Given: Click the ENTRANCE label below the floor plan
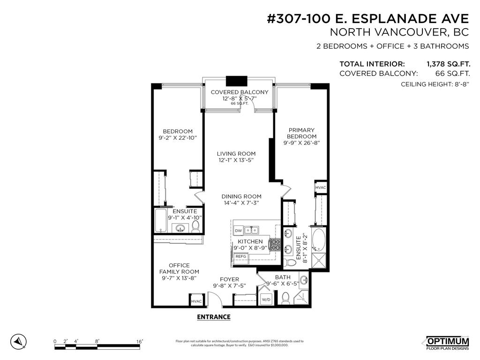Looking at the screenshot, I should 213,317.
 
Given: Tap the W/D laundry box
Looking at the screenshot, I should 266,299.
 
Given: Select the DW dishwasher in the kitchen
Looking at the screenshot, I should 238,231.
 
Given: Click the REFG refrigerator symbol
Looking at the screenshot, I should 241,256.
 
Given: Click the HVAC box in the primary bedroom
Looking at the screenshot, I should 320,187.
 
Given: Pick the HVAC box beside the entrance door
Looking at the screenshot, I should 196,301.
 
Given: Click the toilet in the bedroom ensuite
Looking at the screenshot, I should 195,227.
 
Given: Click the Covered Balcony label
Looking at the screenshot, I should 239,92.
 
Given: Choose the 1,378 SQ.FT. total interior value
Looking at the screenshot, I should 448,64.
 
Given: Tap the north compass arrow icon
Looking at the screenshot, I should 18,342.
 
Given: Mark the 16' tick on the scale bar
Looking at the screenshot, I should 139,342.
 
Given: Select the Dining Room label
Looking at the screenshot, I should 242,196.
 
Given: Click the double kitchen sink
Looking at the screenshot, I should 253,230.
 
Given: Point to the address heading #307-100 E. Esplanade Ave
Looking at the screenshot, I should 367,19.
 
